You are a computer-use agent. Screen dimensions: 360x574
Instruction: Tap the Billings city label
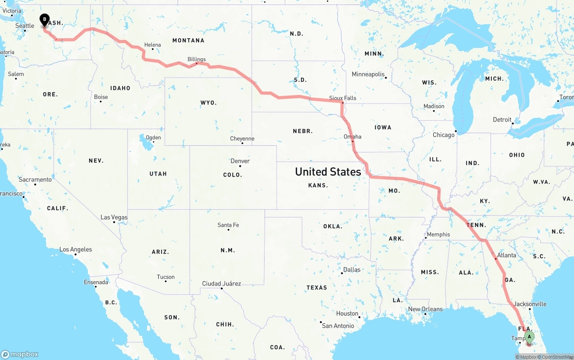pyautogui.click(x=196, y=59)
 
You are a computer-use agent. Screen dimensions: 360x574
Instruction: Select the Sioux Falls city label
pyautogui.click(x=343, y=98)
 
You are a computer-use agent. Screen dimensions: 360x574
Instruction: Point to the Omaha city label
pyautogui.click(x=352, y=137)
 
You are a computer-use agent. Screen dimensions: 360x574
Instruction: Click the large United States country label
pyautogui.click(x=328, y=172)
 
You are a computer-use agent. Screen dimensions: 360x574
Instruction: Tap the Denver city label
pyautogui.click(x=240, y=161)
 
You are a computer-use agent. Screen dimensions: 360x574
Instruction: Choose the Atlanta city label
pyautogui.click(x=507, y=255)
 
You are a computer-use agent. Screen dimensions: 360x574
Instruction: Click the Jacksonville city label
pyautogui.click(x=530, y=304)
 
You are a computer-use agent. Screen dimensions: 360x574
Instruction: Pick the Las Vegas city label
pyautogui.click(x=114, y=217)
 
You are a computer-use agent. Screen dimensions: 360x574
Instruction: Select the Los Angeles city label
pyautogui.click(x=76, y=249)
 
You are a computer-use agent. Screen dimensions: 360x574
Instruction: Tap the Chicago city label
pyautogui.click(x=444, y=135)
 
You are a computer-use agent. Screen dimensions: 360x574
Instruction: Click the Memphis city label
pyautogui.click(x=438, y=234)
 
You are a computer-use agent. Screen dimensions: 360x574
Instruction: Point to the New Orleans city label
pyautogui.click(x=425, y=309)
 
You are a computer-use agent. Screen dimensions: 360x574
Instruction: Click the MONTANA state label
pyautogui.click(x=188, y=40)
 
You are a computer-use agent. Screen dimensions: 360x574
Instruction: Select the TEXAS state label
pyautogui.click(x=317, y=287)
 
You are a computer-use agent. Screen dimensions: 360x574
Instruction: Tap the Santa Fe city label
pyautogui.click(x=228, y=225)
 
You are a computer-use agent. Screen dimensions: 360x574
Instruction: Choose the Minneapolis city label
pyautogui.click(x=368, y=74)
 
